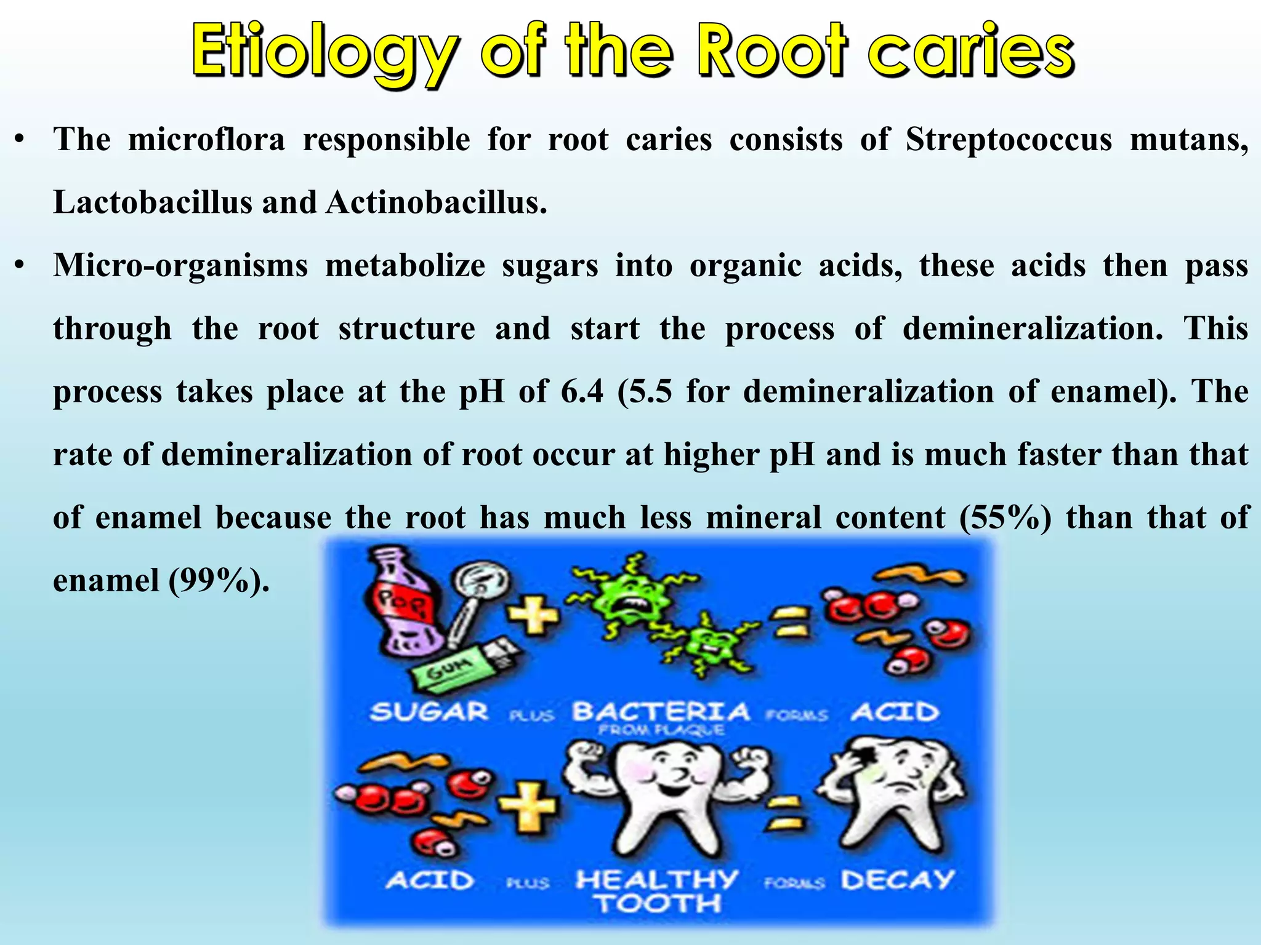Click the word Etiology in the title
(325, 52)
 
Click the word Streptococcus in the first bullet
(1009, 140)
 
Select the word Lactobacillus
(152, 202)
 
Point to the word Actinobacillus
(436, 202)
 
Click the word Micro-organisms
(180, 266)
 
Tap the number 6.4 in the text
(582, 391)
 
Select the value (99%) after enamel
(219, 580)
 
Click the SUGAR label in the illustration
(429, 712)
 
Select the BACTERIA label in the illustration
(661, 712)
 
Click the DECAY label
(897, 880)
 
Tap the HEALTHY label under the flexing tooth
(657, 879)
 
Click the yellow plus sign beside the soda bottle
(533, 615)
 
